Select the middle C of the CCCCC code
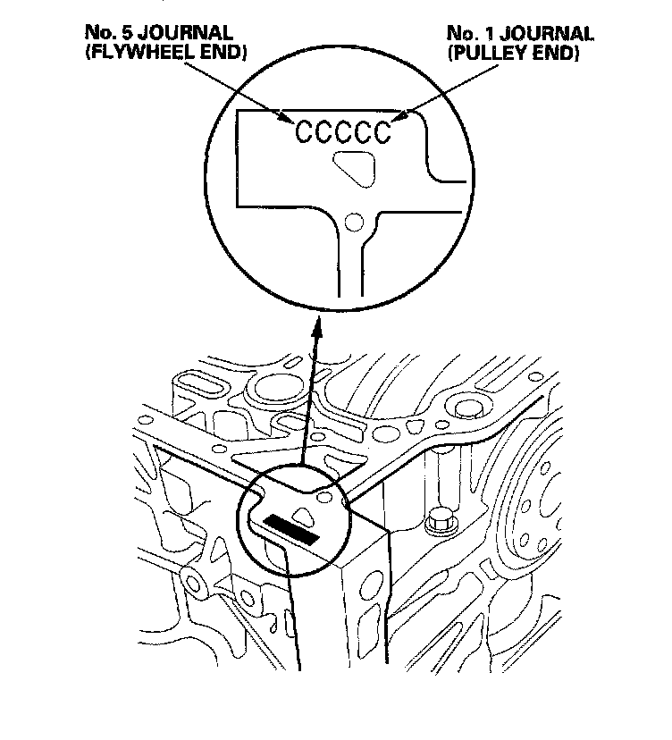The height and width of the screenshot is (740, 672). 344,133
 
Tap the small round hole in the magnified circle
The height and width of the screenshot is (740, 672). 356,220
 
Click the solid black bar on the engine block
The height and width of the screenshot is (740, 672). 292,529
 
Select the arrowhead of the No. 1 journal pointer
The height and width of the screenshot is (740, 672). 403,117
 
